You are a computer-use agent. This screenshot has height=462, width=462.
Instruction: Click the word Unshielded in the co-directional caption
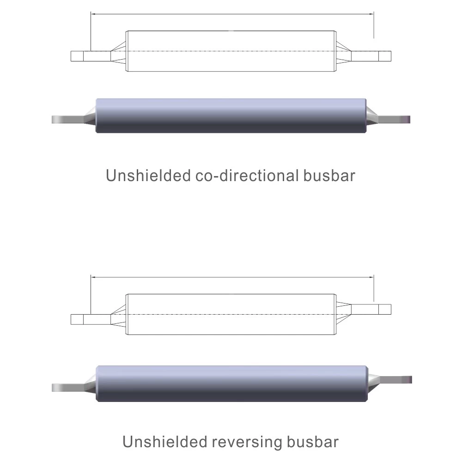(148, 176)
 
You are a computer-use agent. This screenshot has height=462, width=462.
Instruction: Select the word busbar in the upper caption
(329, 176)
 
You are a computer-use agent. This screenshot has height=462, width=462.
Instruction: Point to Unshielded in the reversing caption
(165, 442)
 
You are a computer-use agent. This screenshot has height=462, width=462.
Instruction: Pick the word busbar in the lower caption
(313, 442)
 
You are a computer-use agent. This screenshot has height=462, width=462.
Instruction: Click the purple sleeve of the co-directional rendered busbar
(231, 116)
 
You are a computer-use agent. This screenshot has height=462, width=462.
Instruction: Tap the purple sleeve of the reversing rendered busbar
(232, 383)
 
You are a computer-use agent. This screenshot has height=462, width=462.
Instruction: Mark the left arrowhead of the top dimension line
(92, 13)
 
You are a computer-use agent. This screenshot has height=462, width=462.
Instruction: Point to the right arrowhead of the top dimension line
(372, 13)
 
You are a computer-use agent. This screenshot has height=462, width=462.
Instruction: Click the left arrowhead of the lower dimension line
(92, 277)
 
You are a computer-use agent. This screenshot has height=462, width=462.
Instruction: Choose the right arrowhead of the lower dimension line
(372, 277)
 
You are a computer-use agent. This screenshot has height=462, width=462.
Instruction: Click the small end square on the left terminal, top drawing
(77, 56)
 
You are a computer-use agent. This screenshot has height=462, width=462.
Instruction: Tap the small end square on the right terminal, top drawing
(385, 56)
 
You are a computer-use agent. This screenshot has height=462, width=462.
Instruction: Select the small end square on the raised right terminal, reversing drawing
(385, 310)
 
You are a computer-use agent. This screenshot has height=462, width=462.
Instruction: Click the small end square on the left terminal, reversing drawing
(77, 319)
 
